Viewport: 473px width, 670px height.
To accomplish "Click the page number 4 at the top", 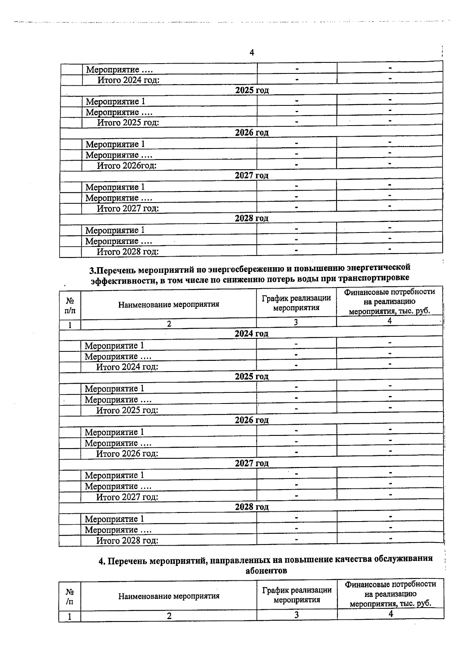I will coord(252,53).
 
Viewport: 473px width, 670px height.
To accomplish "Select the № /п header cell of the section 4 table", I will coord(70,597).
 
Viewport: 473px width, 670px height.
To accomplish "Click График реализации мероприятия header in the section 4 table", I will coord(296,595).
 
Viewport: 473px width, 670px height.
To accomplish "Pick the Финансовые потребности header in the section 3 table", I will coord(389,302).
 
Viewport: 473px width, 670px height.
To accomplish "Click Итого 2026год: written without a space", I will coord(127,165).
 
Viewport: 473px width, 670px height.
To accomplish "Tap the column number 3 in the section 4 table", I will coord(296,615).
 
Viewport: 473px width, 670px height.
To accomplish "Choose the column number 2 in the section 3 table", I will coord(169,324).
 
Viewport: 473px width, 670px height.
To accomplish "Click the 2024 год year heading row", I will coord(251,334).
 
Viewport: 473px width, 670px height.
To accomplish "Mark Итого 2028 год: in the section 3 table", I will coord(127,541).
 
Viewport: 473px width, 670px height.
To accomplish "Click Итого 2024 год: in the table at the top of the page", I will coord(128,80).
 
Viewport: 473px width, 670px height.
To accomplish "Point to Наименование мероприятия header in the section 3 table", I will coord(169,304).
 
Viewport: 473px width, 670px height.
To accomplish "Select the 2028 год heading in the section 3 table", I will coord(251,507).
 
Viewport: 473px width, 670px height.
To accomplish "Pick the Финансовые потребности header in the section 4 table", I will coord(390,594).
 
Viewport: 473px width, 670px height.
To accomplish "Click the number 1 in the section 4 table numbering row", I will coord(70,616).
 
